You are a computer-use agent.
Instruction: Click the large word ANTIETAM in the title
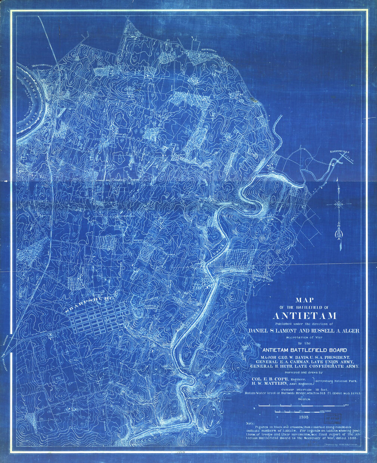(x=305, y=316)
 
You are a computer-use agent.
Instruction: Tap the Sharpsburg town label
(x=89, y=303)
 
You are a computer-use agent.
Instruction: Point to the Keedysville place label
(x=339, y=151)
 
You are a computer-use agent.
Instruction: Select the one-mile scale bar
(x=304, y=405)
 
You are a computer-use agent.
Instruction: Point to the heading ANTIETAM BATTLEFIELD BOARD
(x=305, y=350)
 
